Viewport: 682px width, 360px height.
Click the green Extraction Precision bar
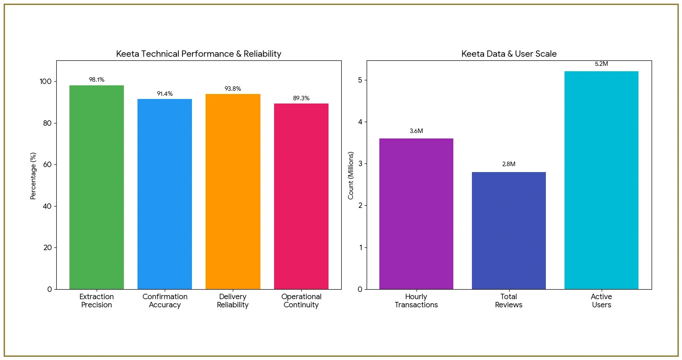(x=97, y=187)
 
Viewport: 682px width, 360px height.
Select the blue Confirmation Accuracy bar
(x=165, y=194)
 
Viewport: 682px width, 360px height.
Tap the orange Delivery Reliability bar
(x=233, y=191)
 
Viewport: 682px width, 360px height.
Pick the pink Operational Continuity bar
(x=301, y=196)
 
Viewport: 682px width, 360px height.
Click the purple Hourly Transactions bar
(x=416, y=213)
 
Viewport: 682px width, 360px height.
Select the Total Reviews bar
(x=509, y=230)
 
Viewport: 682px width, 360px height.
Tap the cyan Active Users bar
(x=601, y=180)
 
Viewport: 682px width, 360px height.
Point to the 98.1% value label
(x=97, y=80)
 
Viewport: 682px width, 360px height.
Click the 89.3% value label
(x=301, y=98)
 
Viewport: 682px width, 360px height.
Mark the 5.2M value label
(x=601, y=64)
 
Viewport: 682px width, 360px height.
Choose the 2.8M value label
(x=509, y=164)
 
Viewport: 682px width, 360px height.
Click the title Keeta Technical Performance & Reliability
(x=199, y=54)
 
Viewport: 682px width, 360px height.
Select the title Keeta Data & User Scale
(x=509, y=54)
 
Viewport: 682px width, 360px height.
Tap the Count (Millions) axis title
(x=351, y=175)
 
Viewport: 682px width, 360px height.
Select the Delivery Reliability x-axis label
(x=233, y=301)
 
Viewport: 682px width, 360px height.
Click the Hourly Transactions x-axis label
(x=416, y=301)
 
